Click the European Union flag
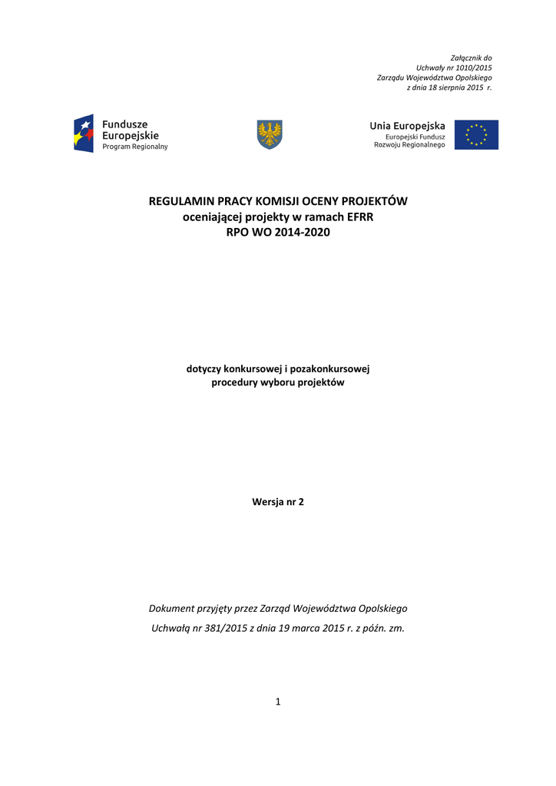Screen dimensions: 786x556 click(x=476, y=134)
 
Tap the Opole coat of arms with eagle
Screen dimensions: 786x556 click(x=269, y=134)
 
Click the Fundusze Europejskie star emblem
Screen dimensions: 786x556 click(x=84, y=134)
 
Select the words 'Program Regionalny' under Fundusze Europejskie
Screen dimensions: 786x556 click(x=135, y=147)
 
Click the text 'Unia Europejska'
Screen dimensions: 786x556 click(x=407, y=125)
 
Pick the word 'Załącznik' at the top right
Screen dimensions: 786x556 click(x=465, y=58)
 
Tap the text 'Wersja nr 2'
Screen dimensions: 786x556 click(x=278, y=502)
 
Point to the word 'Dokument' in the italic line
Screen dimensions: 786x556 click(x=174, y=608)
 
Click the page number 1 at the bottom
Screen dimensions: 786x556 click(x=278, y=701)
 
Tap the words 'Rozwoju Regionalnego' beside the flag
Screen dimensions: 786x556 click(x=409, y=145)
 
